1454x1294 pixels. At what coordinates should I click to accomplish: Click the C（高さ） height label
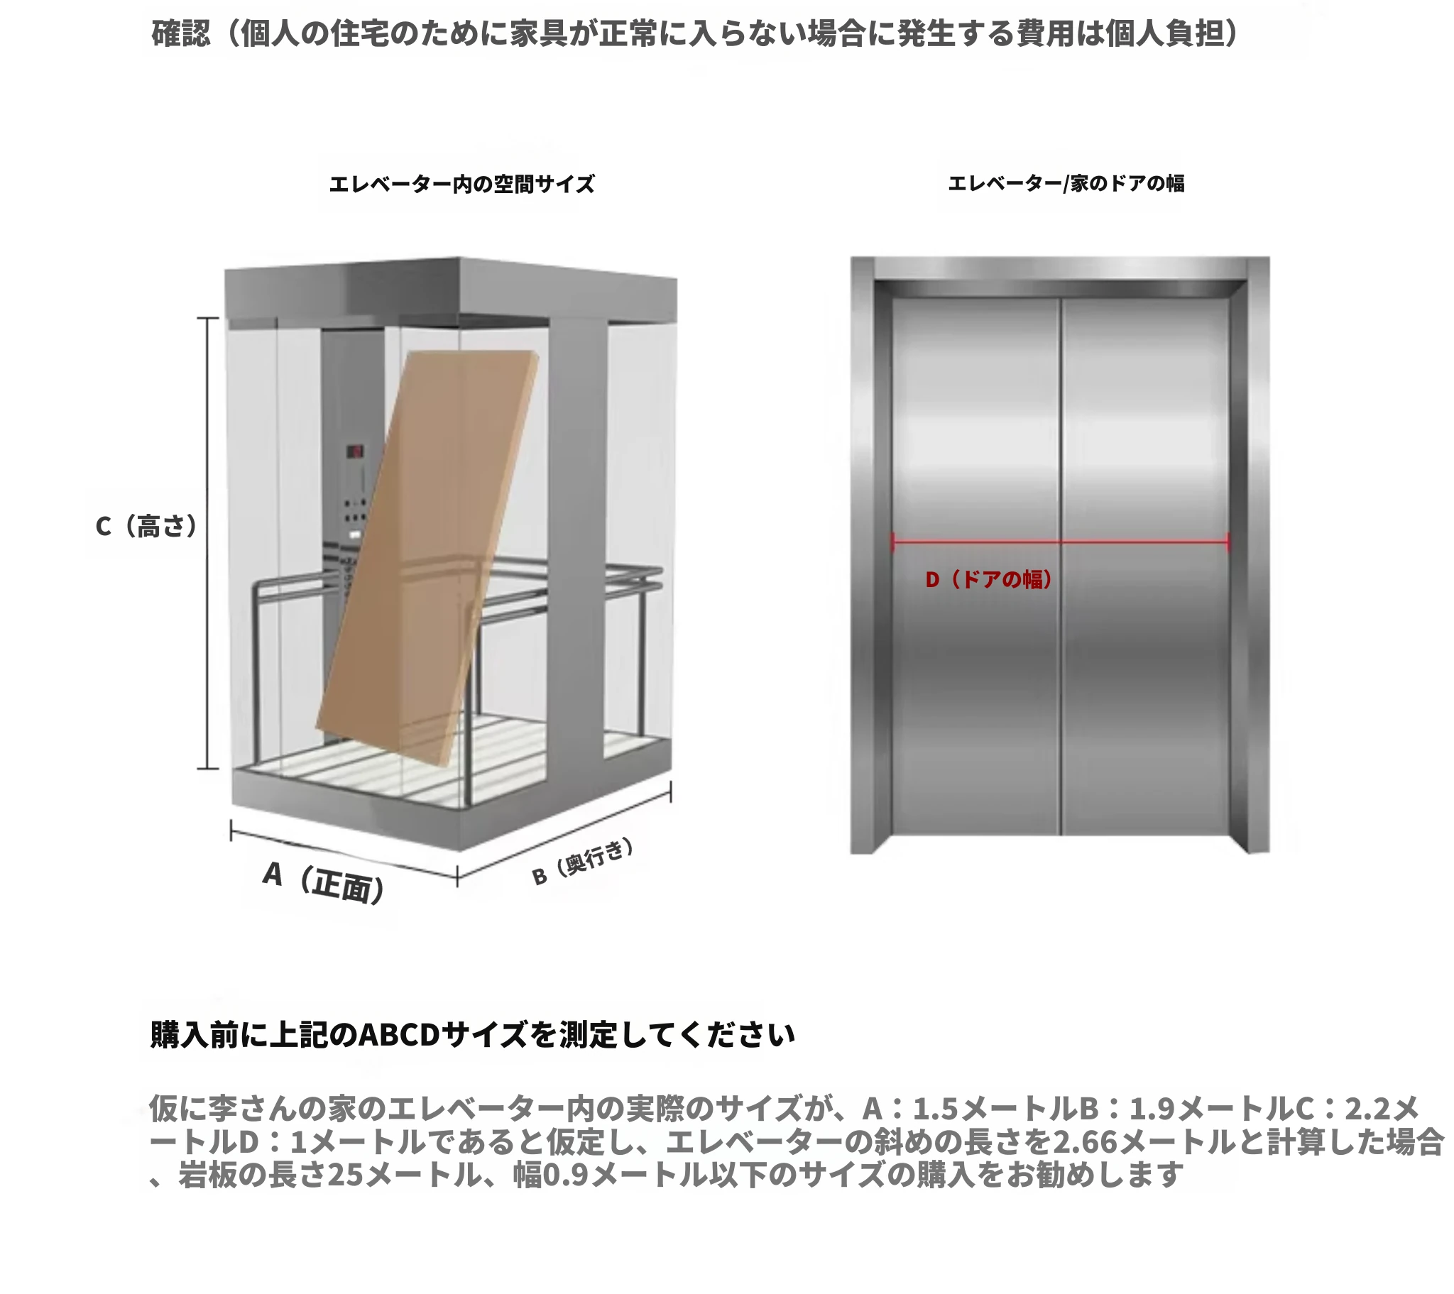point(146,527)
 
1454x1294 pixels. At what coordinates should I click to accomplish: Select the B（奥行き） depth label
point(583,862)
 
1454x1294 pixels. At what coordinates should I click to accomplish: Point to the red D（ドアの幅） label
point(989,580)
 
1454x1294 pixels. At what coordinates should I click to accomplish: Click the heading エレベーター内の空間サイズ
point(461,185)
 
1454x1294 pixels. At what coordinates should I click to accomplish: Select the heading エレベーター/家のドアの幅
point(1066,184)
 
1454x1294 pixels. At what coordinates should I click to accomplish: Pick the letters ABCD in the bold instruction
point(398,1035)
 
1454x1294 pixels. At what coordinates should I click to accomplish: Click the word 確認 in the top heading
point(181,33)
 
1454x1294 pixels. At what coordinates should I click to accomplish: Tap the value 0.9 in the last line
point(567,1175)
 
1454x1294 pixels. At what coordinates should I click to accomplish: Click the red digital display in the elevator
point(355,451)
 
